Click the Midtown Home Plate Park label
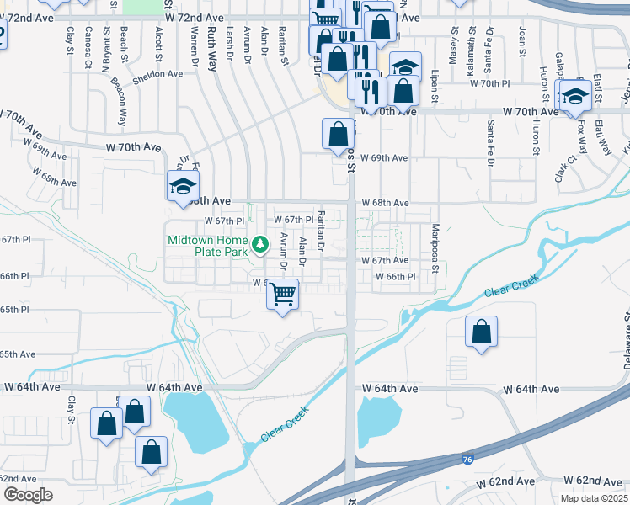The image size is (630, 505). pos(206,245)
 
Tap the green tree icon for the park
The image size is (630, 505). pos(260,244)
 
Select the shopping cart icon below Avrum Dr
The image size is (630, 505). pos(282,295)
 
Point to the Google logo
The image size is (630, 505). pos(28,495)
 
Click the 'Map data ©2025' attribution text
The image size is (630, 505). pos(593,499)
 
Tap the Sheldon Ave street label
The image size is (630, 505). pos(157,74)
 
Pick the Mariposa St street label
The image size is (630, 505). pos(436,244)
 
